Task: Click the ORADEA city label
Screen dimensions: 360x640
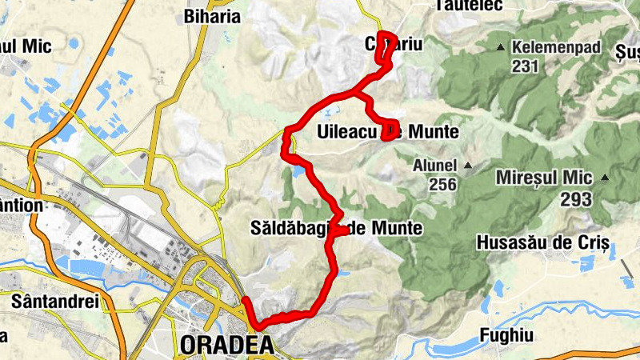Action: (x=227, y=346)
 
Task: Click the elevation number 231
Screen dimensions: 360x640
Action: (x=525, y=66)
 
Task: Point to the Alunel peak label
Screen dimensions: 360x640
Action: (x=434, y=166)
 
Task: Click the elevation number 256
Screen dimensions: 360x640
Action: (x=442, y=185)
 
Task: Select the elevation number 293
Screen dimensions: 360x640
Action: (x=576, y=199)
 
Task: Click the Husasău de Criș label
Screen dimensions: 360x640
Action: (x=543, y=242)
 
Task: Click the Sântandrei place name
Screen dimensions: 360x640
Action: (x=54, y=302)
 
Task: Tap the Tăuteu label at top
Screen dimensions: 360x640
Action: (x=469, y=6)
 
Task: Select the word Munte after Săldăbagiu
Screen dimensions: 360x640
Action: (x=397, y=230)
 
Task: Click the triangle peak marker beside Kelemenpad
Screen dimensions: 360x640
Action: (x=501, y=47)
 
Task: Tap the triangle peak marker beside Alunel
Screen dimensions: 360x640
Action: (x=468, y=166)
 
